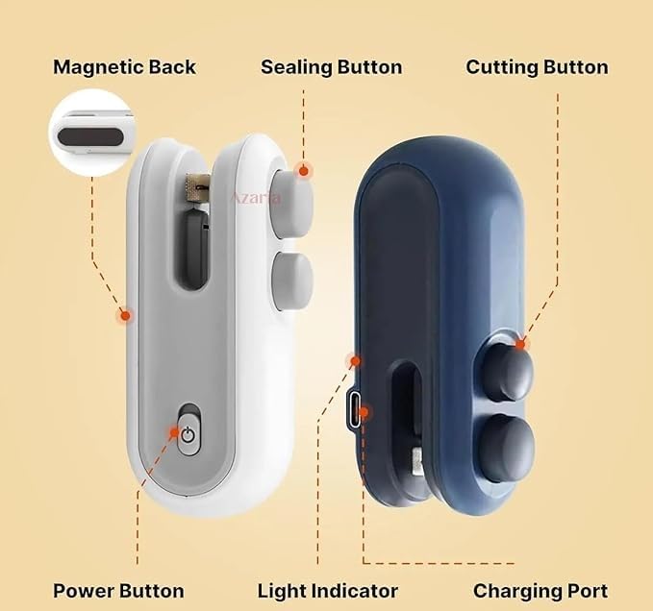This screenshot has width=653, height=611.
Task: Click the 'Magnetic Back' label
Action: tap(124, 67)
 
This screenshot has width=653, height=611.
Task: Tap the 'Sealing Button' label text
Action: tap(331, 67)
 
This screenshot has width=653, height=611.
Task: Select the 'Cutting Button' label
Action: tap(537, 67)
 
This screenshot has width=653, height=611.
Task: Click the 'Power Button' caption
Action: tap(118, 591)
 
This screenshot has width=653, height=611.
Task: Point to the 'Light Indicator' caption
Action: tap(327, 591)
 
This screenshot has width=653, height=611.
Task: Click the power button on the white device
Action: tap(188, 434)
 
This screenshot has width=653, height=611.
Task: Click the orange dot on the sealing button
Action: tap(304, 171)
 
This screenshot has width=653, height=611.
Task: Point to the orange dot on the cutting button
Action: tap(522, 343)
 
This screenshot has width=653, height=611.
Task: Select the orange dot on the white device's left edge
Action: tap(123, 314)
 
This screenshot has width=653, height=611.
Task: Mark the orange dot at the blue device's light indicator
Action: tap(355, 361)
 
